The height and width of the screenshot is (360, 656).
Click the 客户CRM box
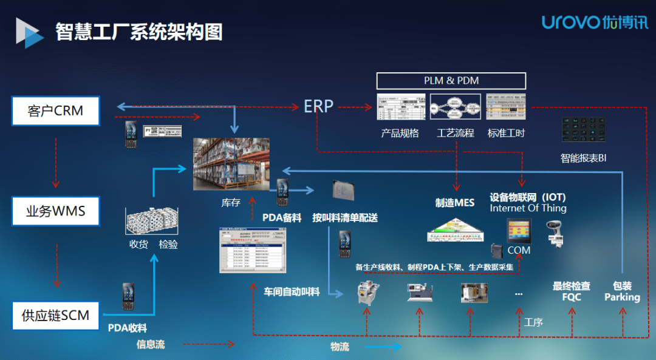55,111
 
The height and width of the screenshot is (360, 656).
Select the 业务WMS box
55,211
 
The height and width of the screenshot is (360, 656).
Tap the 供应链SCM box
55,315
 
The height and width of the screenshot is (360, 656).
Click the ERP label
319,106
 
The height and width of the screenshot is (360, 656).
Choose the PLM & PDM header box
451,81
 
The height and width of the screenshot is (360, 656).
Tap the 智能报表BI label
583,158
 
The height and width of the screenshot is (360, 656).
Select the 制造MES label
455,203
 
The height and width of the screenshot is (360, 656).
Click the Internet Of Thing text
528,208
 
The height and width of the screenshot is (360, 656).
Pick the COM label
519,250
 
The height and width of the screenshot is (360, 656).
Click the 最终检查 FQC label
571,291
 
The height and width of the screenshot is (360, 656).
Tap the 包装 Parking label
622,291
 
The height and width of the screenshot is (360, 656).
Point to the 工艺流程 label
455,133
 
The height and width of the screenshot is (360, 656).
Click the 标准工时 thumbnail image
506,107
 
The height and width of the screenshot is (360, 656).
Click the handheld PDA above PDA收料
128,296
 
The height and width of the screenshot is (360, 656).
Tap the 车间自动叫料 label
292,292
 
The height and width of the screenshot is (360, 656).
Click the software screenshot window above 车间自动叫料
252,250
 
